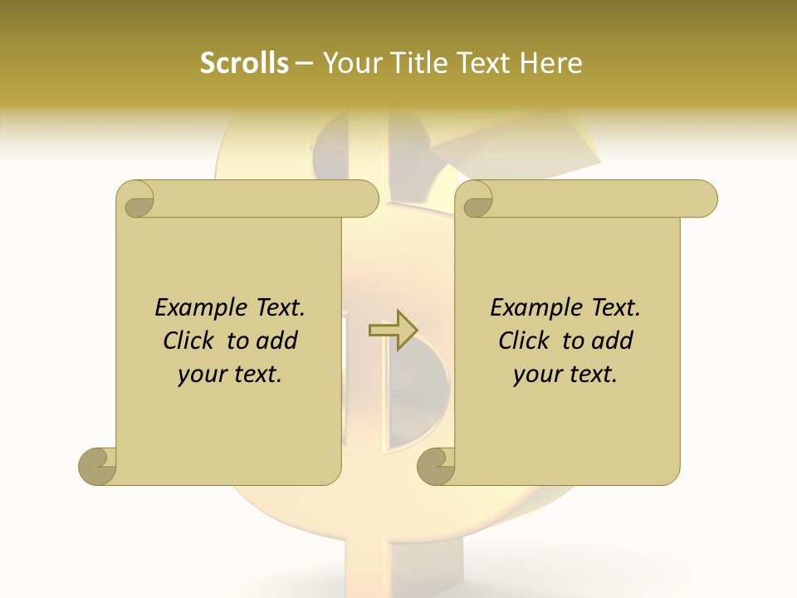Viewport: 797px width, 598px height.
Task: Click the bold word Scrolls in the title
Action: tap(245, 63)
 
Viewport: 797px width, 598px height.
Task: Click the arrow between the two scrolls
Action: tap(393, 331)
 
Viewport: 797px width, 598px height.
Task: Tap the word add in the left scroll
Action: tap(276, 341)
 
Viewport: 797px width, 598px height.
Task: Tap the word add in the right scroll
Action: tap(612, 341)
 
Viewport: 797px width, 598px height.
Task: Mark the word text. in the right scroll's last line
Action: tap(592, 375)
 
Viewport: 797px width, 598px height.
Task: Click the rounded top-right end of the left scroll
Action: tap(365, 199)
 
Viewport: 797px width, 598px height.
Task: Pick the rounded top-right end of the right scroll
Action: tap(704, 199)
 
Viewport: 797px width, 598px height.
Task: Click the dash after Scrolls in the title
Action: tap(304, 64)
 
